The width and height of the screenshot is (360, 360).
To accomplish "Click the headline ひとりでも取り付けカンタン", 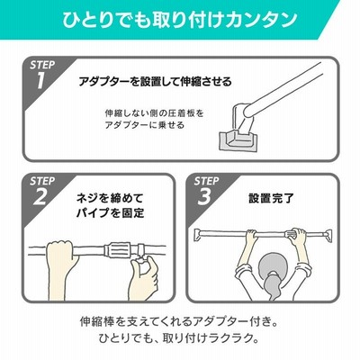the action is (180, 20).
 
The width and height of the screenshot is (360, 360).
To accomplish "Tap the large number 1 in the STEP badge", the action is (41, 80).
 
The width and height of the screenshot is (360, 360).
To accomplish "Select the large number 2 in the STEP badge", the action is (40, 196).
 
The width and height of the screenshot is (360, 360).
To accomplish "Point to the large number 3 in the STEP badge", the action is (204, 196).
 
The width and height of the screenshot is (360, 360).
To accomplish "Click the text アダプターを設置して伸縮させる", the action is (155, 81).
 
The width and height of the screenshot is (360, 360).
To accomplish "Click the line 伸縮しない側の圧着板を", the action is (154, 113).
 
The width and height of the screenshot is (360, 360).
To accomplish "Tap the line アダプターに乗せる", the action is (144, 125).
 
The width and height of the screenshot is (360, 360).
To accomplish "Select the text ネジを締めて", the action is (110, 198).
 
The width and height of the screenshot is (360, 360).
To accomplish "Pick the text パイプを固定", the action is (110, 213).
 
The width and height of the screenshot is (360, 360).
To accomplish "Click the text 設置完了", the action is (271, 198).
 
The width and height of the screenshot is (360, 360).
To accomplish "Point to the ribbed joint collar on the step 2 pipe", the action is (118, 248).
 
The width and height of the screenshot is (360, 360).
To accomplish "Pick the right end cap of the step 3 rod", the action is (328, 235).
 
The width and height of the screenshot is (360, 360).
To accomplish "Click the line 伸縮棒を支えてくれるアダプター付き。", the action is (178, 322).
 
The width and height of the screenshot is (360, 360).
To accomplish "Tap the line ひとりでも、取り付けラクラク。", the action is (179, 338).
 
